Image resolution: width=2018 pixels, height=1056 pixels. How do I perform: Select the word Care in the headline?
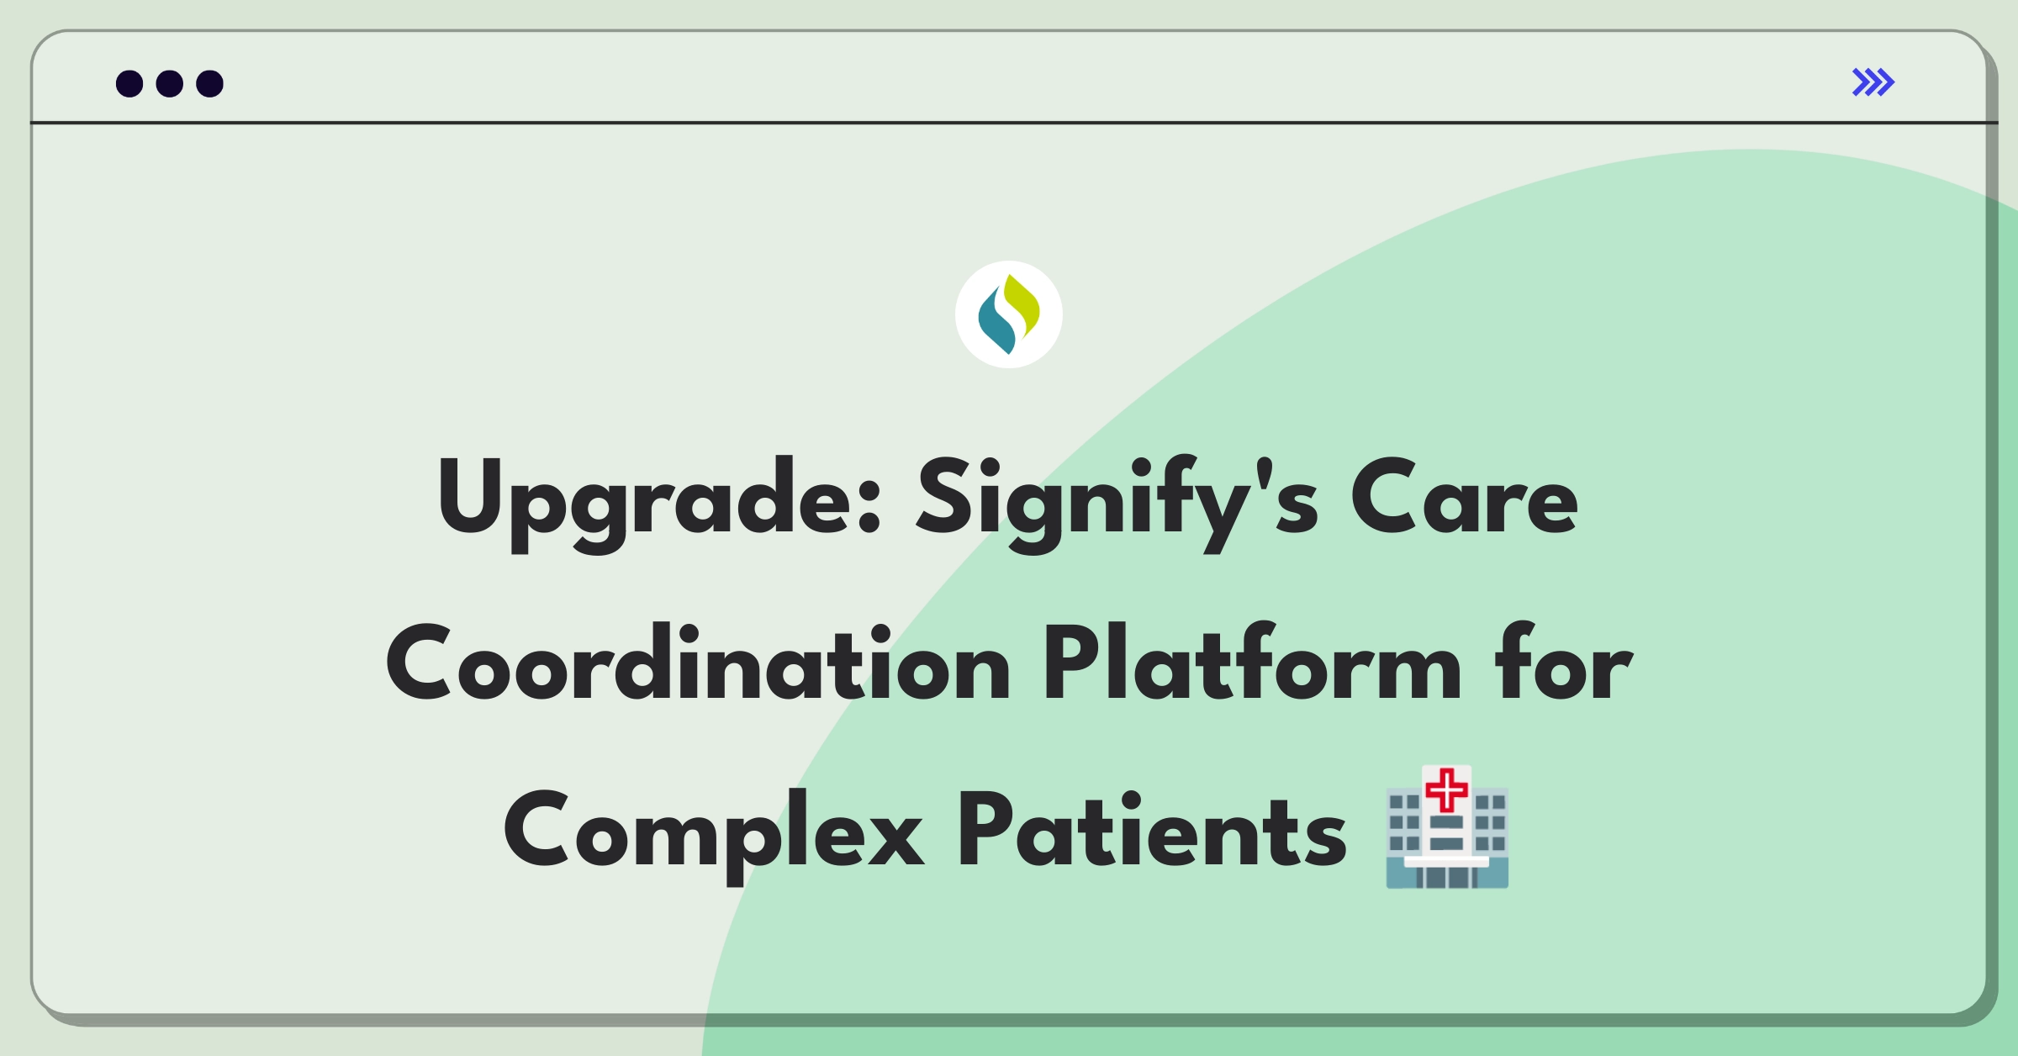pos(1465,498)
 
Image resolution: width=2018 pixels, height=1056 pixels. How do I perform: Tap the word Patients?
pos(1152,829)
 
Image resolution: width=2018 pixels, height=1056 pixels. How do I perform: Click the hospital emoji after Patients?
pos(1447,826)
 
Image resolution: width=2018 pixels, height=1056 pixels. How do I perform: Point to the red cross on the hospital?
pos(1447,790)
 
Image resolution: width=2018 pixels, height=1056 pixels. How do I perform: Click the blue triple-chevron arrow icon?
pos(1873,82)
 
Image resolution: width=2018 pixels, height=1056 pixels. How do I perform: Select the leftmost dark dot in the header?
pos(129,83)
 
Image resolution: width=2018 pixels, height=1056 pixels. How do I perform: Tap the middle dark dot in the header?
pos(170,83)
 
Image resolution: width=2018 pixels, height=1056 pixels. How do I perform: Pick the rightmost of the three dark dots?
pos(210,83)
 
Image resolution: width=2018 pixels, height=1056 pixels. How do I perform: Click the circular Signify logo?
pos(1009,314)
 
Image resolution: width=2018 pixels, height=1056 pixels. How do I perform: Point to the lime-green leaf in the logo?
pos(1023,305)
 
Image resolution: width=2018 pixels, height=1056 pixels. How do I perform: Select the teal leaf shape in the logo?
pos(996,323)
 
